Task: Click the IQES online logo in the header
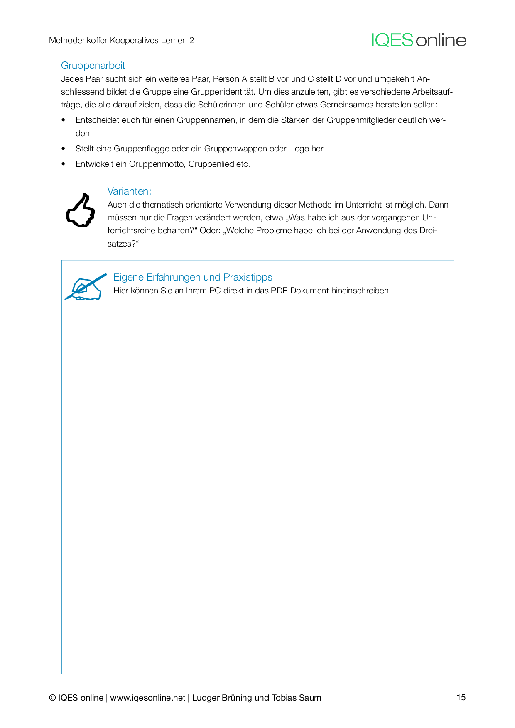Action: point(419,40)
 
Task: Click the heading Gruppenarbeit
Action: point(93,66)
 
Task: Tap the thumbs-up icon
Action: point(81,210)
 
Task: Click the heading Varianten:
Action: point(129,191)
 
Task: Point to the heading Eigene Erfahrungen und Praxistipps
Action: point(193,277)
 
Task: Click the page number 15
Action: point(461,697)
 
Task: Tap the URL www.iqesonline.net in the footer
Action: point(147,698)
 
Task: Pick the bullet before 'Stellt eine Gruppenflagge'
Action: point(64,149)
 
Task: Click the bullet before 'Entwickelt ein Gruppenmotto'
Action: point(64,164)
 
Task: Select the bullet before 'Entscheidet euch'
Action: point(64,120)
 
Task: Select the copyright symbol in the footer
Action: point(52,698)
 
